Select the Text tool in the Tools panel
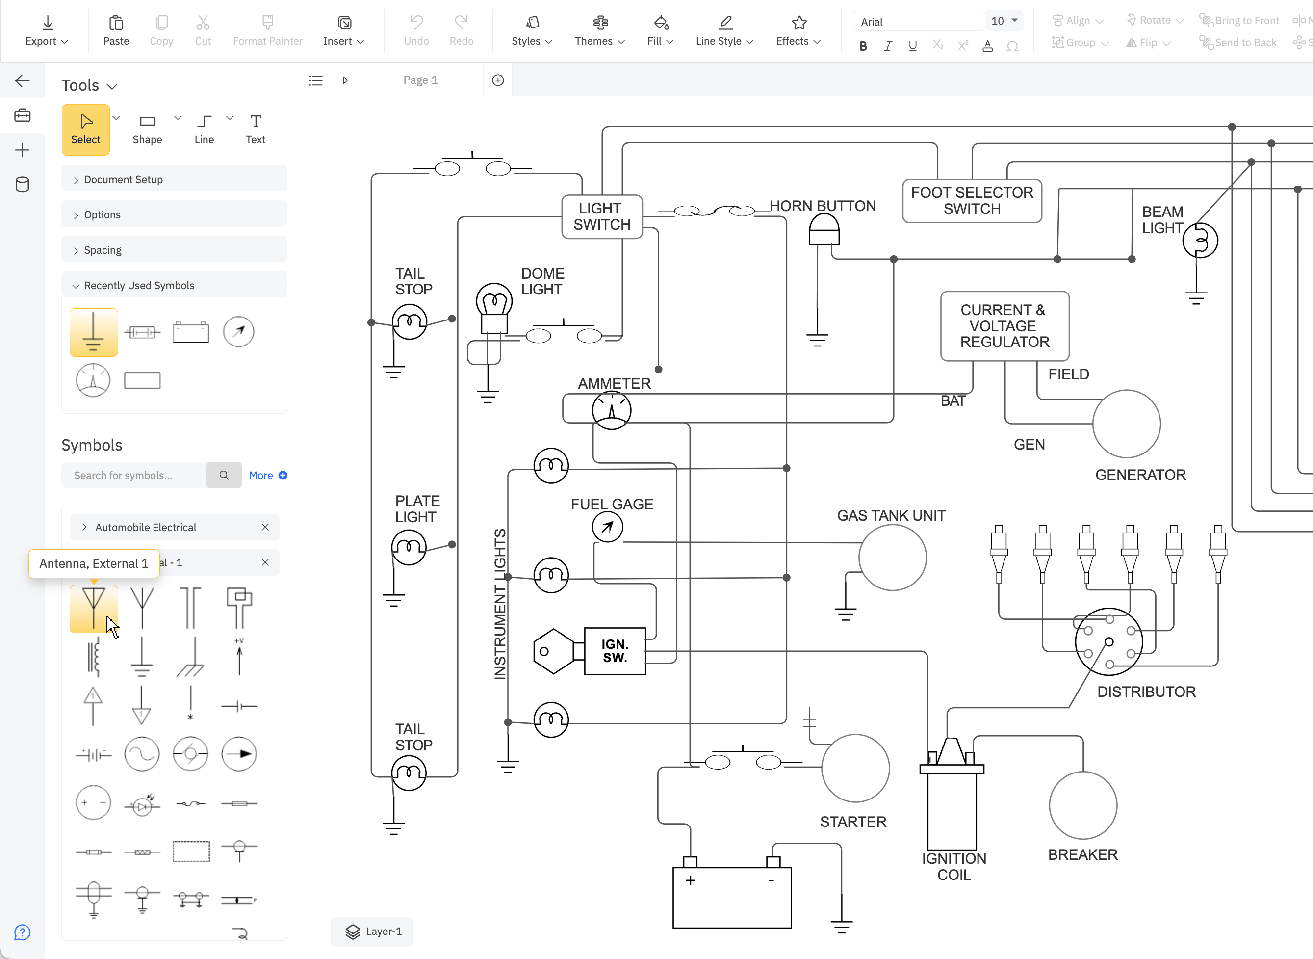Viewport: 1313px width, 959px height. click(x=255, y=129)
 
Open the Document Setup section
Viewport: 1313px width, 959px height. click(x=123, y=179)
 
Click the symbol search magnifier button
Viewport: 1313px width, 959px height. click(x=224, y=476)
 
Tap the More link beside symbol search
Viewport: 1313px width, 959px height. click(x=267, y=476)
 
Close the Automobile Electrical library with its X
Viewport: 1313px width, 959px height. click(x=265, y=527)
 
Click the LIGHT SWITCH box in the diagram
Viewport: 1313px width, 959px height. click(x=602, y=216)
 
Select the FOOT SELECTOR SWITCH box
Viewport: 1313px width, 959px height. click(x=972, y=201)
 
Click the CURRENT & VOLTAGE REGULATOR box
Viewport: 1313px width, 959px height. click(x=1004, y=326)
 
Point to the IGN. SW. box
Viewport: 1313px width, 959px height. click(x=615, y=651)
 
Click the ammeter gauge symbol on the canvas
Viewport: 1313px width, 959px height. click(x=612, y=410)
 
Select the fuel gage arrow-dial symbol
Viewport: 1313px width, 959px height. click(x=607, y=527)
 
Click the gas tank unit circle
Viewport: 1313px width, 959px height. click(x=892, y=557)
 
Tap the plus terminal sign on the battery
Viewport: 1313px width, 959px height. click(x=691, y=880)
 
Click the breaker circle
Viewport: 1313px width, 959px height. click(x=1082, y=805)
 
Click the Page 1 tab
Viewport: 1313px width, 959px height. click(x=421, y=80)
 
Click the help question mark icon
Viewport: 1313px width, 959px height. click(x=22, y=933)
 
